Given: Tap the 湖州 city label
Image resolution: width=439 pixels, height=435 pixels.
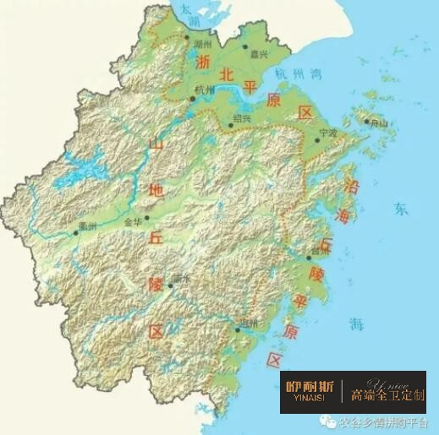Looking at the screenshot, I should pos(202,43).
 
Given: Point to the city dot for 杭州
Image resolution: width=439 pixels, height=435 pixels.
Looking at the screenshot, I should pos(193,99).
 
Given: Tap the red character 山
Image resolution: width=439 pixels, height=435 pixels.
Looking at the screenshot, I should pos(155,145).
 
